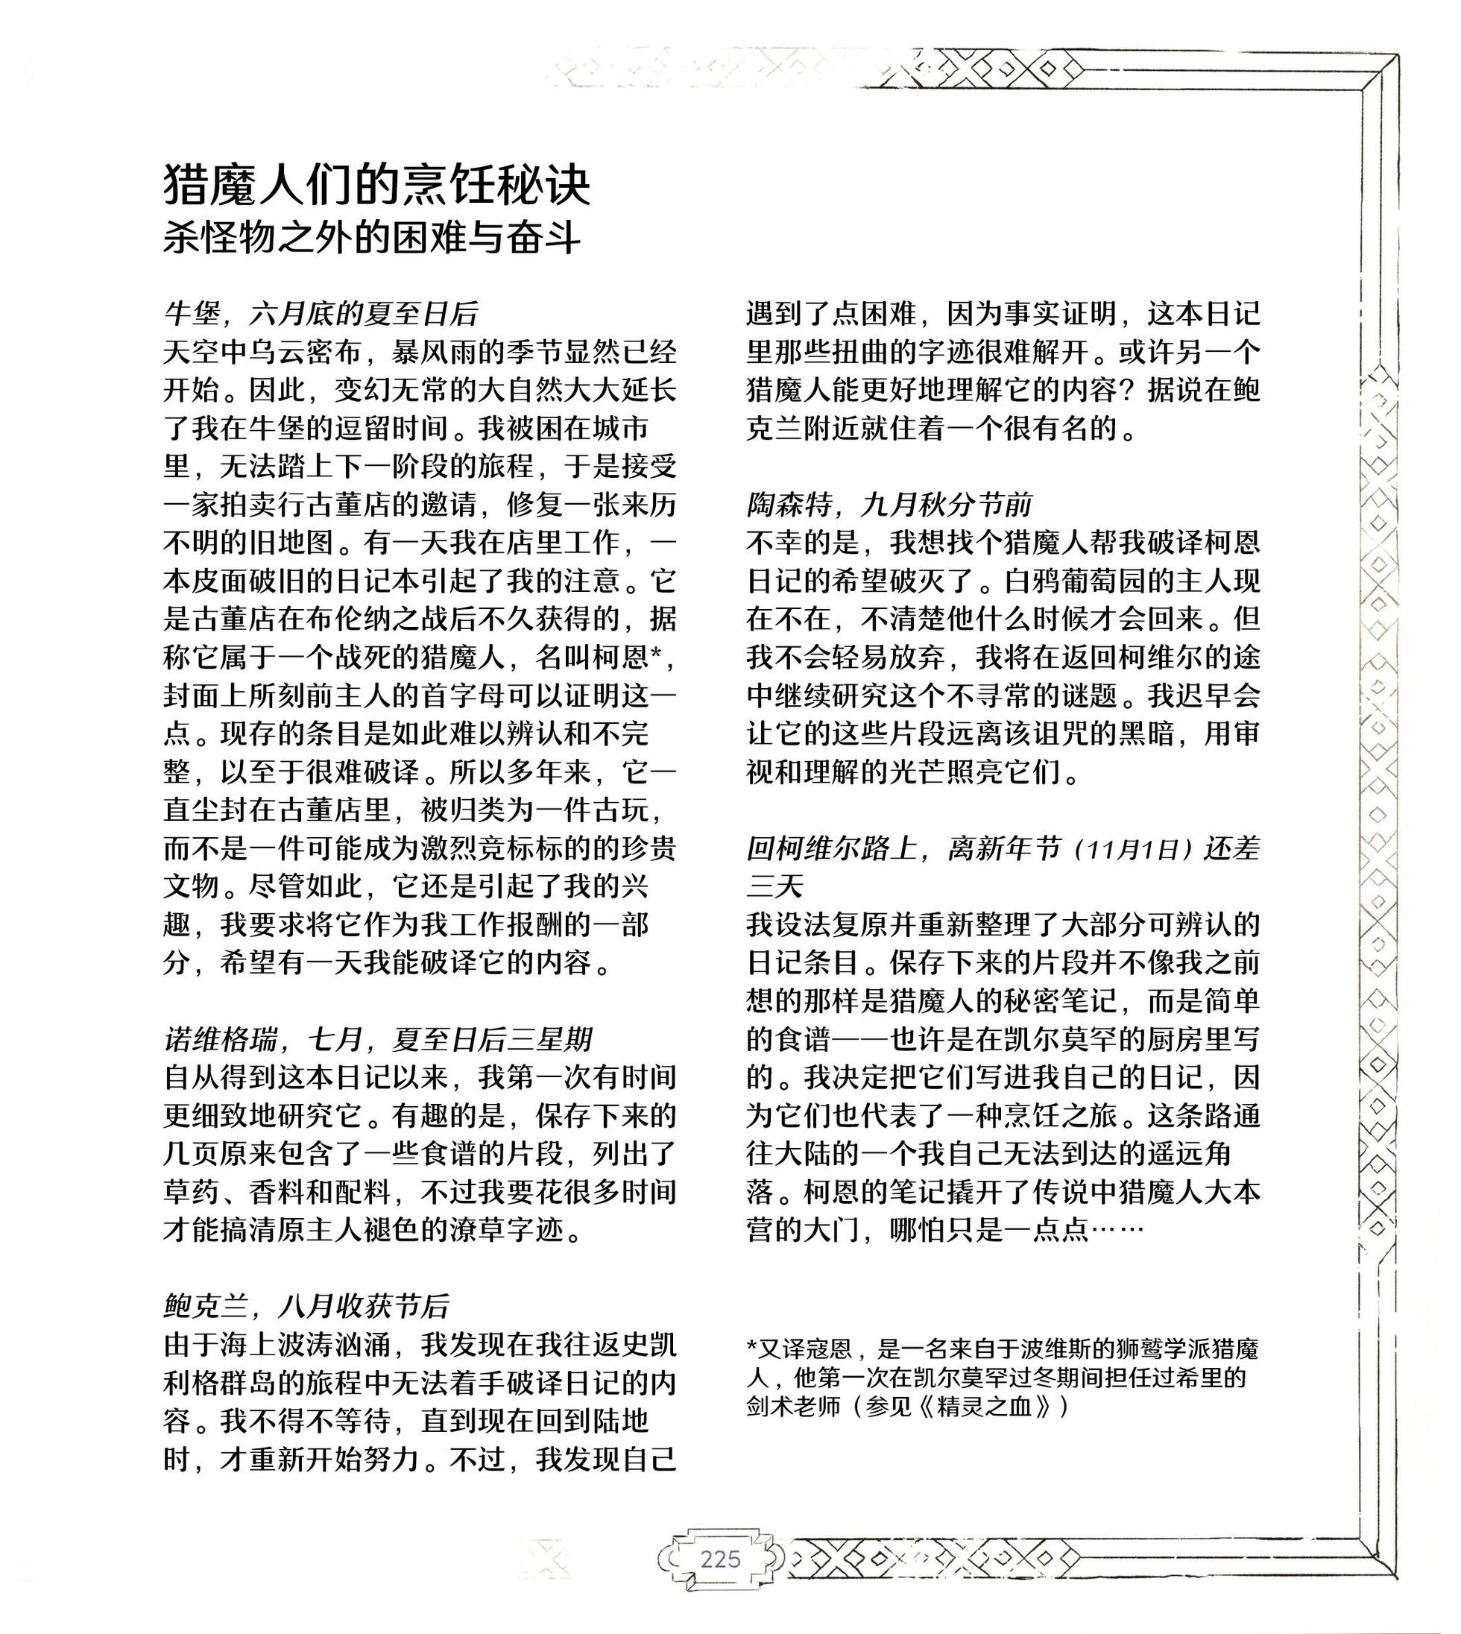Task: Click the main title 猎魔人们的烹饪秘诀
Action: [x=376, y=186]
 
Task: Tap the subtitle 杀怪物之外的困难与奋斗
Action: [x=371, y=239]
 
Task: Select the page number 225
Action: [x=720, y=1559]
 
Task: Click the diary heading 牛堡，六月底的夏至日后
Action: [x=321, y=314]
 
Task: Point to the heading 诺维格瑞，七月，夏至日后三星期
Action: [x=378, y=1039]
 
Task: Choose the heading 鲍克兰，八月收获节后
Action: [x=306, y=1307]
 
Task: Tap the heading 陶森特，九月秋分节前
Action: [x=889, y=504]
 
